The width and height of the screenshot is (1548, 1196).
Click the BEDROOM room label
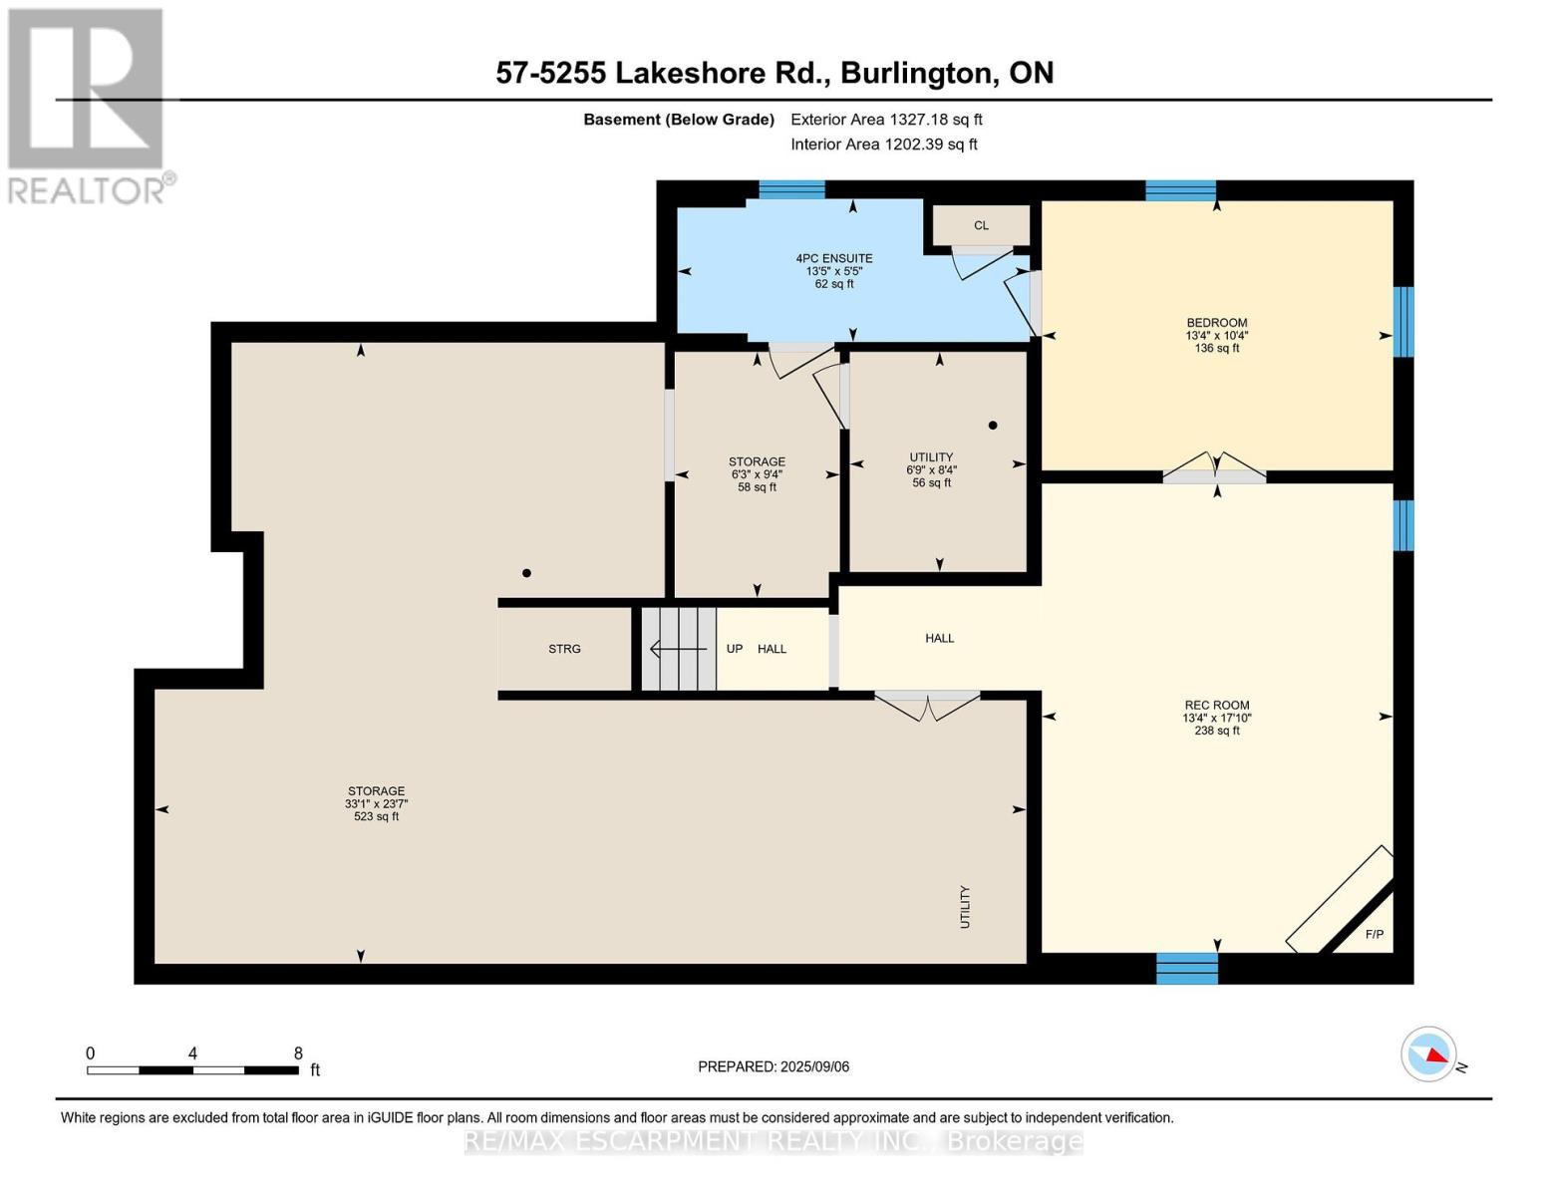point(1216,323)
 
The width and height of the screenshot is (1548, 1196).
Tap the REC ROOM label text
point(1216,706)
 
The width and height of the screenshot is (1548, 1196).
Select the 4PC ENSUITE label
point(833,258)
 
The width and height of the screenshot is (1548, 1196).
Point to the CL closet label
point(981,226)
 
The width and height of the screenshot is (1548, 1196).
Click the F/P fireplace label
point(1375,934)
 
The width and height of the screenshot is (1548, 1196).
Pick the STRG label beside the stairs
point(564,649)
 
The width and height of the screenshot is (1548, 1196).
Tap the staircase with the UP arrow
point(678,649)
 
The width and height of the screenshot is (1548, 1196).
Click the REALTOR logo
point(89,106)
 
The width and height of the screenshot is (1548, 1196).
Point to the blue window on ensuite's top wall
point(791,189)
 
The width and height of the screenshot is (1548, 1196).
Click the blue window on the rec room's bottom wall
point(1187,968)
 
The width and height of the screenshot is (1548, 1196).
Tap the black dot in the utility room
point(993,426)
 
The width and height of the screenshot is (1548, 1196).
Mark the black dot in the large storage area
point(526,573)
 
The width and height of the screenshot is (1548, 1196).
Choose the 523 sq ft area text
point(376,816)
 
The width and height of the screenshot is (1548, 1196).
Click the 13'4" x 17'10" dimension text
point(1217,718)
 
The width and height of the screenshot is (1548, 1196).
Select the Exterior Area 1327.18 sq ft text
point(886,120)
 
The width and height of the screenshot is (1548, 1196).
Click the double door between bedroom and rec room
point(1215,468)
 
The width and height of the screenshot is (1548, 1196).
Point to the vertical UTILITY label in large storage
point(965,907)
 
